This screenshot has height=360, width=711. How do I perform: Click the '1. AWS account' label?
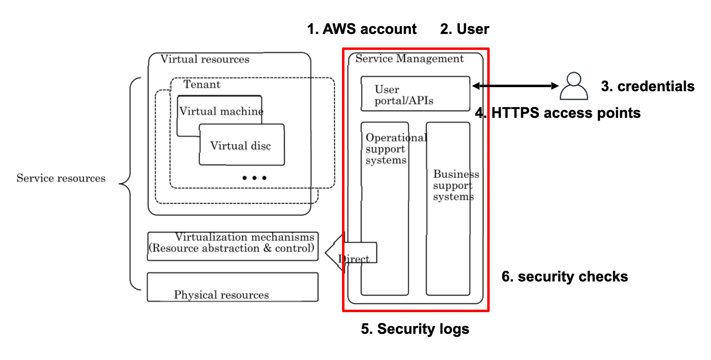coord(362,29)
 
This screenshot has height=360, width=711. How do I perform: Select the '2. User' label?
coord(464,29)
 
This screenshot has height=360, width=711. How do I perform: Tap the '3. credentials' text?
coord(647,86)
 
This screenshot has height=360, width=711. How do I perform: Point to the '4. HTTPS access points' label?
coord(558,113)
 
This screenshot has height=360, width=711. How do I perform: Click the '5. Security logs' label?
coord(415,329)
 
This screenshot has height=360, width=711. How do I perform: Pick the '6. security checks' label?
coord(565,277)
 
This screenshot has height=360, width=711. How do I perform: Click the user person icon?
coord(574,86)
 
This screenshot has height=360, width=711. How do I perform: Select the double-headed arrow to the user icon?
coord(515,86)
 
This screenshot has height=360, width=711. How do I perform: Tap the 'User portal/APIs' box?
coord(415,94)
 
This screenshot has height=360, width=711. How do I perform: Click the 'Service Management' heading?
coord(409,59)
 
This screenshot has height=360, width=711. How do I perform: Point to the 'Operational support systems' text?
coord(386,149)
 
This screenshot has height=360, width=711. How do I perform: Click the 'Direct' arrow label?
coord(354,259)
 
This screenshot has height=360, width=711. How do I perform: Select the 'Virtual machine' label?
coord(221,111)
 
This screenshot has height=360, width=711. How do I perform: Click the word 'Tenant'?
coord(202,84)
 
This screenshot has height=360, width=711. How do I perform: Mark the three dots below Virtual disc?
coord(254,178)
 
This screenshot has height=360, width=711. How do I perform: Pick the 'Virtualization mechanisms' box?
coord(232,246)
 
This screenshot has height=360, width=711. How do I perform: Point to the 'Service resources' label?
coord(61,178)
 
